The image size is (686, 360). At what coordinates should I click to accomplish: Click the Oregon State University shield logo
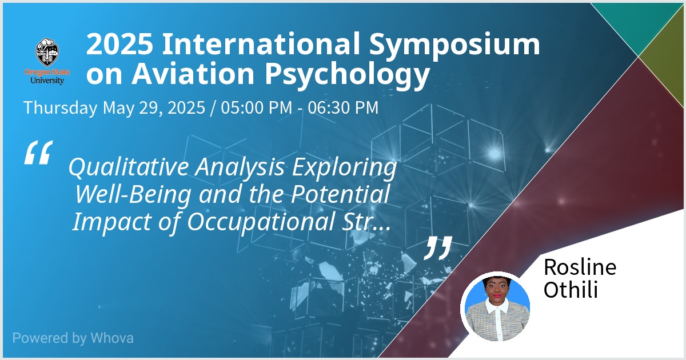pyautogui.click(x=47, y=53)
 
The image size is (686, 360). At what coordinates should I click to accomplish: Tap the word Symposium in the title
pyautogui.click(x=454, y=45)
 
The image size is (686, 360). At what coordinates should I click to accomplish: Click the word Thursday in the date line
pyautogui.click(x=61, y=108)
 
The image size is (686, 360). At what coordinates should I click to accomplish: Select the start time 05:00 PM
pyautogui.click(x=257, y=107)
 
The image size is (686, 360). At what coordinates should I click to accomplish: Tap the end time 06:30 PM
pyautogui.click(x=343, y=107)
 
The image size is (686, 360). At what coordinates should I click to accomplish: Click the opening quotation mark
pyautogui.click(x=39, y=153)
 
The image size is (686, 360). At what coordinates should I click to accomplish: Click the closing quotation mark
pyautogui.click(x=438, y=248)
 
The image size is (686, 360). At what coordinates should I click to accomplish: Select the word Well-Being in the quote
pyautogui.click(x=133, y=194)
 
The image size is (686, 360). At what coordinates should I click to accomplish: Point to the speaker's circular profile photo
pyautogui.click(x=497, y=307)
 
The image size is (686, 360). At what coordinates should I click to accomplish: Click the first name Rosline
pyautogui.click(x=580, y=267)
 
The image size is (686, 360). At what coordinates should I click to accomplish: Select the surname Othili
pyautogui.click(x=571, y=290)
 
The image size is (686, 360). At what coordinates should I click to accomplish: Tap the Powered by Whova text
pyautogui.click(x=73, y=338)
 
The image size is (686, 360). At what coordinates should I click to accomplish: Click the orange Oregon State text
pyautogui.click(x=47, y=72)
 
